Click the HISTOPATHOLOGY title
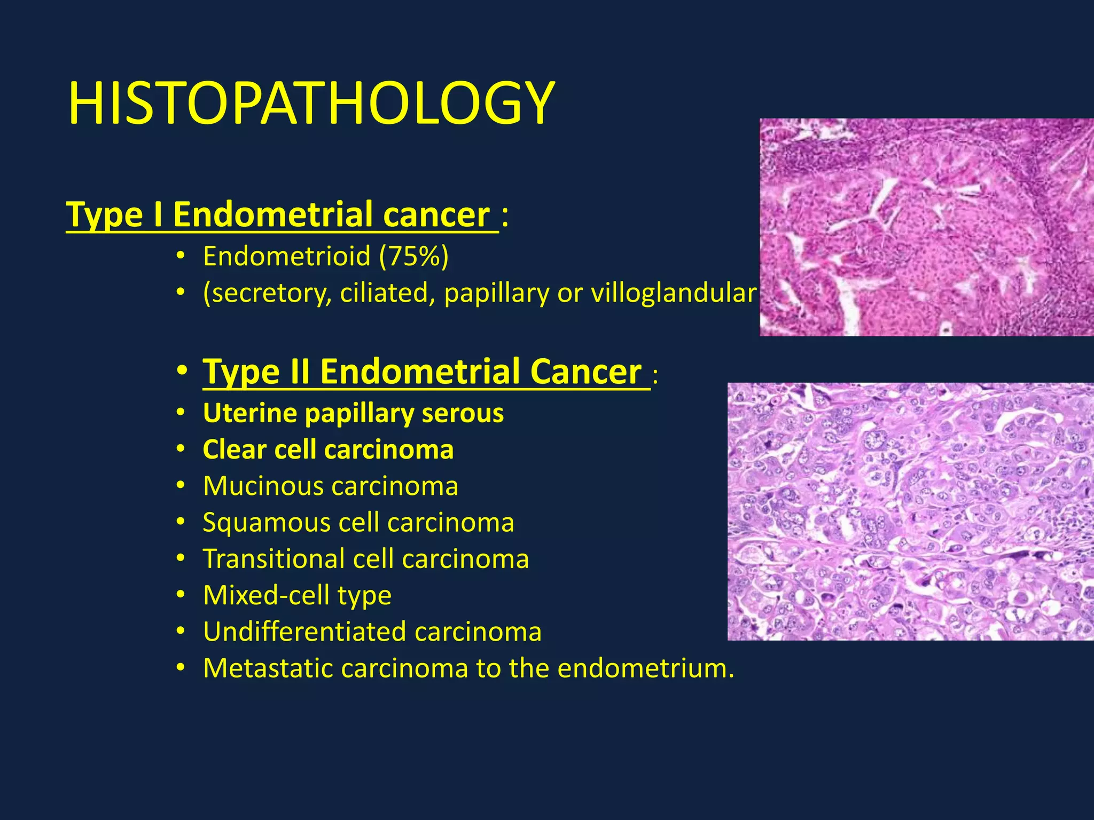(x=311, y=103)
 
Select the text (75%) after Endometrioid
(x=414, y=256)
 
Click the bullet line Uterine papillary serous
(x=353, y=413)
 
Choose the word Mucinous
(x=263, y=486)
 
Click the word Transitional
(x=274, y=559)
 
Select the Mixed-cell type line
(x=297, y=595)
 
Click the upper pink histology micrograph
(x=926, y=227)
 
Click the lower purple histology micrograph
(x=910, y=511)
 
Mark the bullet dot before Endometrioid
(x=181, y=257)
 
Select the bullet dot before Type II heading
(x=182, y=370)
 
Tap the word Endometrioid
(x=287, y=256)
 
